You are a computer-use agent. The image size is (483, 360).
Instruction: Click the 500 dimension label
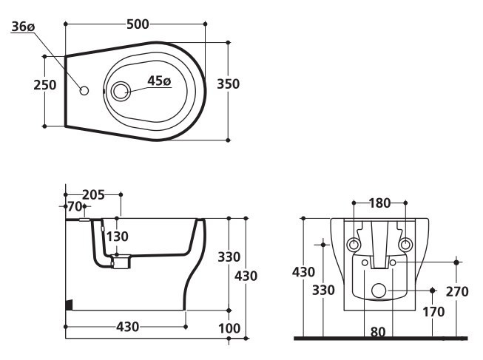[138, 24]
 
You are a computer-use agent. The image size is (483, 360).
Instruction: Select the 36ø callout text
[23, 27]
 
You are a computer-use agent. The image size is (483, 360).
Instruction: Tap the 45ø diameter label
[159, 81]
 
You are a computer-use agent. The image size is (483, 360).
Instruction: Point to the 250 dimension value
[45, 85]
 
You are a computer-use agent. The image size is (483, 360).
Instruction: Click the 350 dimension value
[229, 84]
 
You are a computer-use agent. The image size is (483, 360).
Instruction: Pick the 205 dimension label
[93, 194]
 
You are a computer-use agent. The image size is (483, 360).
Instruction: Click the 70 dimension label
[75, 206]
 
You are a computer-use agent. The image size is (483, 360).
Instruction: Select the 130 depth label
[118, 237]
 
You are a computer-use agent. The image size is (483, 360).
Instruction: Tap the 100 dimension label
[229, 328]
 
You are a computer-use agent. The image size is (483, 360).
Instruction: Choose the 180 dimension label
[379, 203]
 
